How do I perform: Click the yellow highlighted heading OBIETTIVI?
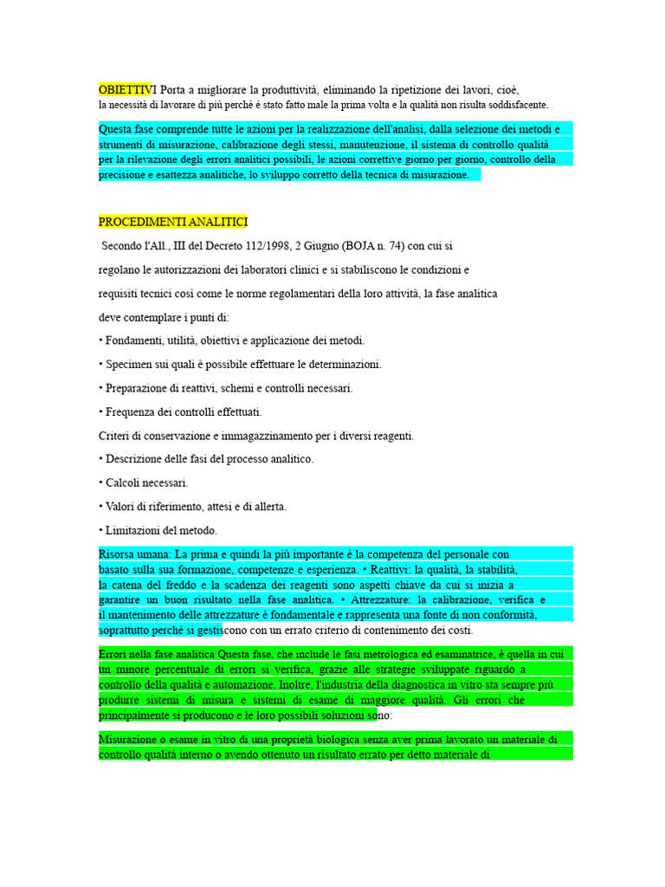point(126,89)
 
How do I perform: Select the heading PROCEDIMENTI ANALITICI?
point(173,222)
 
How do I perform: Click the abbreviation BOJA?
point(375,246)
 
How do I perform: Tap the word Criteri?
point(116,436)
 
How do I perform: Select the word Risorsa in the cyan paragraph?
point(119,554)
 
